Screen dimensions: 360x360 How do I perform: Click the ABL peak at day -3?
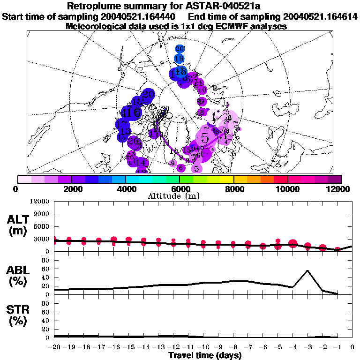coord(307,270)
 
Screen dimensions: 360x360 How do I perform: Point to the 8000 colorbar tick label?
coord(233,189)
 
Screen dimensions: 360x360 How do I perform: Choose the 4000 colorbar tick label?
coord(126,189)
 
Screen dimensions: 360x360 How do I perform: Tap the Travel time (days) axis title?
coord(205,356)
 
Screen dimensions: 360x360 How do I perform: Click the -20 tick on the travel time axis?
coord(54,347)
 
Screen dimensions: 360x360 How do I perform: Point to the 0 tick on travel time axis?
coord(352,347)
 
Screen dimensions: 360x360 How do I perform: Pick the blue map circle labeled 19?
coord(179,59)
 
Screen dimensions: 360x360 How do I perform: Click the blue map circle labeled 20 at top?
coord(180,49)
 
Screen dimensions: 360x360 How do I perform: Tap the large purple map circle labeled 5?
coord(205,138)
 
